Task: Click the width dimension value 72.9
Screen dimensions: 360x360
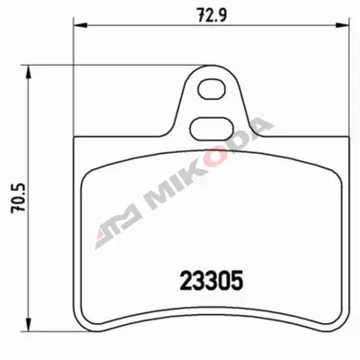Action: [211, 13]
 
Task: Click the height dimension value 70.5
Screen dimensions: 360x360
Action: [19, 199]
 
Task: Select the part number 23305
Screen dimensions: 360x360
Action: [211, 281]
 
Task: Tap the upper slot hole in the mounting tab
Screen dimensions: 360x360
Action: [211, 89]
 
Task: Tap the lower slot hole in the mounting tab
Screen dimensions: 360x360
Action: [211, 129]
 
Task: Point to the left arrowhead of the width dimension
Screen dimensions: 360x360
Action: [80, 25]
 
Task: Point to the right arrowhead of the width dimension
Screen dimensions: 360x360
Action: [342, 25]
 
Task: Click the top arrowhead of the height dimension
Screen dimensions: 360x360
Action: [28, 72]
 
